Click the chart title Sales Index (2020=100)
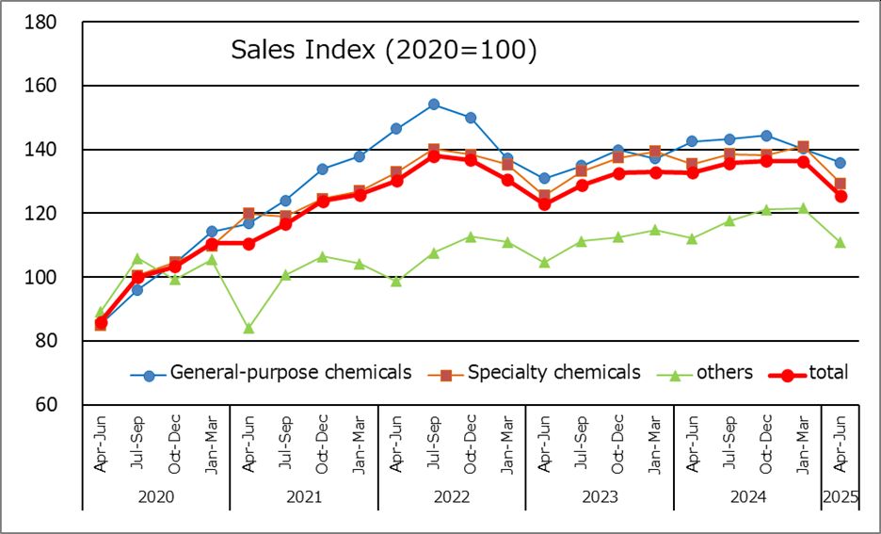(x=384, y=50)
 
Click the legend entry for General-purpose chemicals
(x=290, y=373)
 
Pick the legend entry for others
(x=725, y=373)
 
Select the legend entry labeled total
(x=828, y=373)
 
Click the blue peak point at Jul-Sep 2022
(x=434, y=105)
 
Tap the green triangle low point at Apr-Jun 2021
(x=248, y=328)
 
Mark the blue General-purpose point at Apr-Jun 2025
(x=840, y=163)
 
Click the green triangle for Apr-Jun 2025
(x=840, y=242)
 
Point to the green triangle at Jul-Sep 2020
(x=137, y=258)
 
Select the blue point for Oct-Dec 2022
(x=471, y=118)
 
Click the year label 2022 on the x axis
(x=452, y=495)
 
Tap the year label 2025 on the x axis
(x=841, y=495)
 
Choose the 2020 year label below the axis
(x=156, y=495)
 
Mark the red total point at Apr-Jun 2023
(x=544, y=203)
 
